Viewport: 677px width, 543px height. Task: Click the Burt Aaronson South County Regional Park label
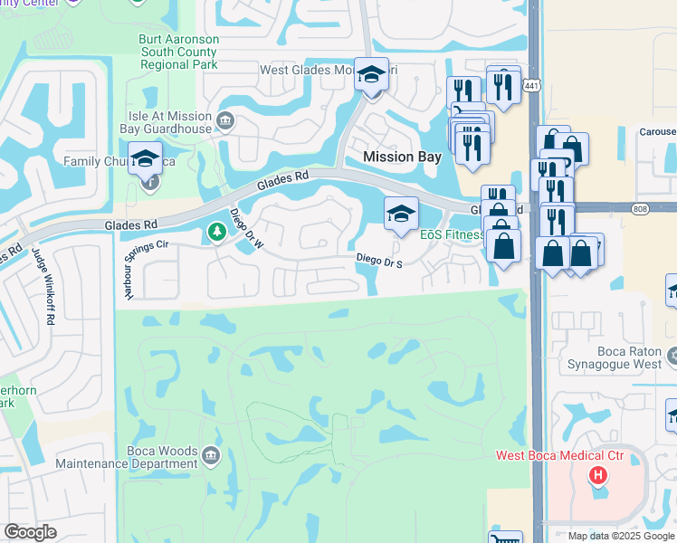(178, 52)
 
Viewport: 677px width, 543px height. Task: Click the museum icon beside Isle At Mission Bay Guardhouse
(225, 118)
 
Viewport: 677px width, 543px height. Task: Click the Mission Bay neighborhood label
(402, 157)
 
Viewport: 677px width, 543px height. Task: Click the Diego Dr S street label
(378, 259)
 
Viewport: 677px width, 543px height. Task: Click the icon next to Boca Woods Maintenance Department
(211, 453)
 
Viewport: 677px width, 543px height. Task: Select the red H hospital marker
(596, 474)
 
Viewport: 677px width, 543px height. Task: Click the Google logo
(30, 532)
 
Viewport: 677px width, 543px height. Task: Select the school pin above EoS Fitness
(402, 214)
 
